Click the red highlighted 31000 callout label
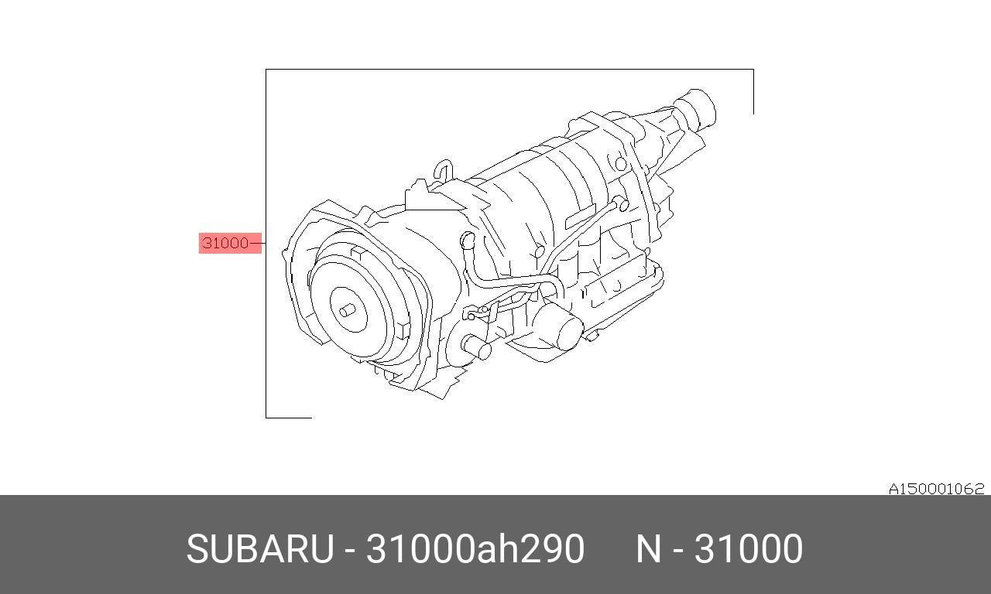point(230,243)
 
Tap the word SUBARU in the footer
point(260,549)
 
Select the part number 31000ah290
point(475,548)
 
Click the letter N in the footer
point(648,549)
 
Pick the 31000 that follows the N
point(749,549)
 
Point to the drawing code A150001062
point(937,489)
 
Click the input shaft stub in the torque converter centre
point(348,311)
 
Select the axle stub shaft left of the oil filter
point(476,347)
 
